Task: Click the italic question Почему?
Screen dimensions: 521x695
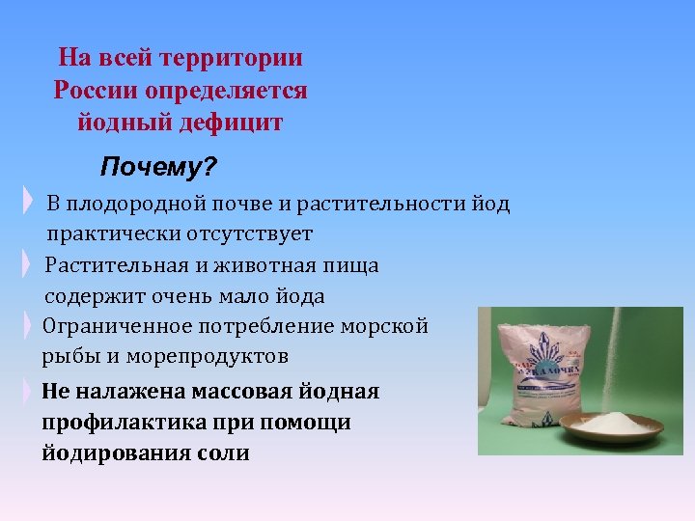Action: (158, 169)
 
